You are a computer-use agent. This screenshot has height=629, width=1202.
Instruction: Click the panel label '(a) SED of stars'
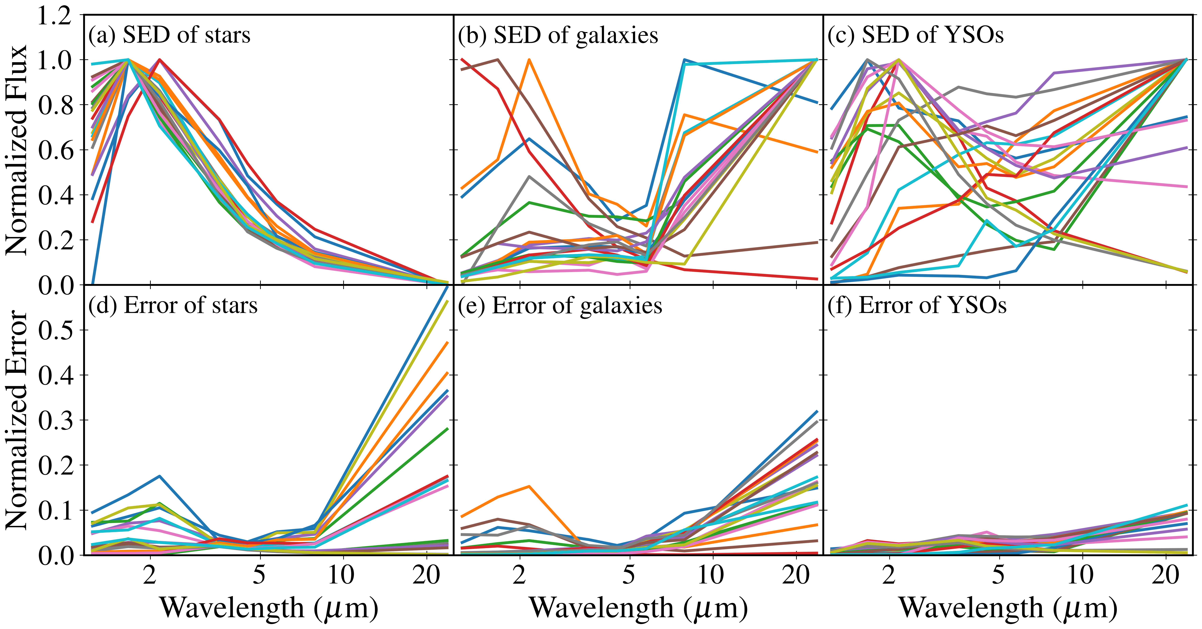(169, 35)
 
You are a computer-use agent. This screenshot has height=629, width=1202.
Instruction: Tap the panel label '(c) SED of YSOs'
(916, 35)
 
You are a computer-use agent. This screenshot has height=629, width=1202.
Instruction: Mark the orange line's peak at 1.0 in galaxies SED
(529, 60)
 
